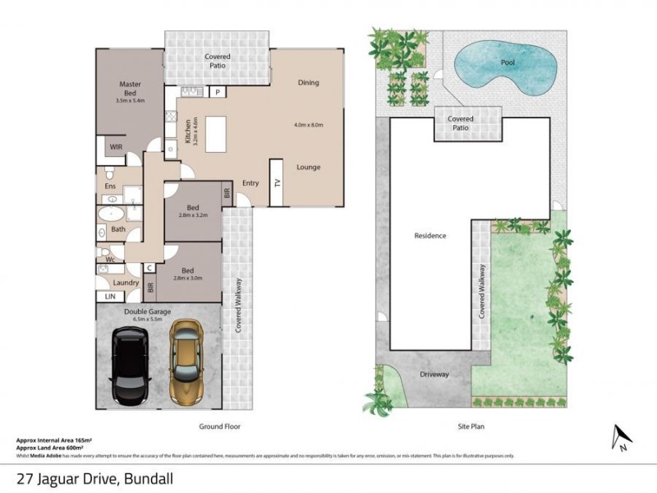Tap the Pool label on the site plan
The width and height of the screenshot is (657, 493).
pyautogui.click(x=508, y=62)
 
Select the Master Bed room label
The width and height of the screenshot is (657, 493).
pyautogui.click(x=131, y=89)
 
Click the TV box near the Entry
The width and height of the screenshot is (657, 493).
pyautogui.click(x=277, y=192)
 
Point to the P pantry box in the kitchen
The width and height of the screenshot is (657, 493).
pyautogui.click(x=218, y=92)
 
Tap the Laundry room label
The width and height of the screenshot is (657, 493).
pyautogui.click(x=126, y=283)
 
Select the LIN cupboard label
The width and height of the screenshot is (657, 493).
pyautogui.click(x=108, y=296)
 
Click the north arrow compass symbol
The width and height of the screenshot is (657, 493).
pyautogui.click(x=622, y=438)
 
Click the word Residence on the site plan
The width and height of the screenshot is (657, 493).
pyautogui.click(x=430, y=236)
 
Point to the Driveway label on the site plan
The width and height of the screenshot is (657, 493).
pyautogui.click(x=434, y=375)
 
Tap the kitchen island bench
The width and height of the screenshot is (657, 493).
pyautogui.click(x=217, y=134)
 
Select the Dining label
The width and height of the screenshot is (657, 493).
pyautogui.click(x=308, y=82)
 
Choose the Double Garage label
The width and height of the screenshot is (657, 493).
pyautogui.click(x=147, y=311)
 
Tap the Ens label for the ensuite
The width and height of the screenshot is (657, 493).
pyautogui.click(x=109, y=187)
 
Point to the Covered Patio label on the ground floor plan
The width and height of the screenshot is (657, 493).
pyautogui.click(x=217, y=62)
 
